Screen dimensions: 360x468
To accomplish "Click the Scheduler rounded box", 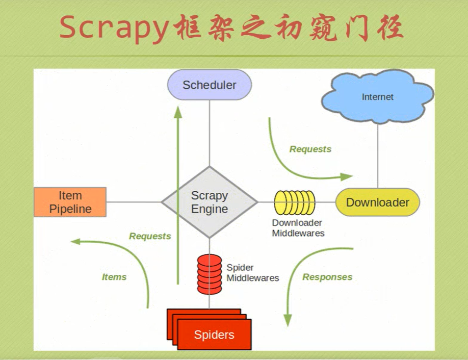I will [210, 85].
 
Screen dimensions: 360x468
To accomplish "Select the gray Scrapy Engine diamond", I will [210, 202].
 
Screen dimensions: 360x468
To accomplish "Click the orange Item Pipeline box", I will [70, 202].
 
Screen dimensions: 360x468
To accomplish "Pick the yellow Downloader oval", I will [377, 202].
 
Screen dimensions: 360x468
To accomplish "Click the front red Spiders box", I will [214, 335].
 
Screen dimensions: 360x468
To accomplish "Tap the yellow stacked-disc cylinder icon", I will [295, 202].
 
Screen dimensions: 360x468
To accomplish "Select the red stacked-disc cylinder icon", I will [210, 274].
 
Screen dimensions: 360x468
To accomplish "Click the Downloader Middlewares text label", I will [298, 228].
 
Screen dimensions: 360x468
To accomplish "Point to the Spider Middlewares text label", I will [252, 273].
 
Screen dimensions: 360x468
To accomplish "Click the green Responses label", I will [327, 277].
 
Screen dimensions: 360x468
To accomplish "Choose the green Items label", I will [114, 277].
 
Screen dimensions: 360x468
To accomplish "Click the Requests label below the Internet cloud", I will [310, 149].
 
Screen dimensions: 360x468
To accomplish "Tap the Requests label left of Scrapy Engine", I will [150, 236].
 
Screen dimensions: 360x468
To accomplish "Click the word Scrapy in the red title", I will [113, 28].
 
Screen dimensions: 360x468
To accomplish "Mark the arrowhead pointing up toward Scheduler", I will [178, 112].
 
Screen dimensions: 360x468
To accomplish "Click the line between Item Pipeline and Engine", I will [134, 202].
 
